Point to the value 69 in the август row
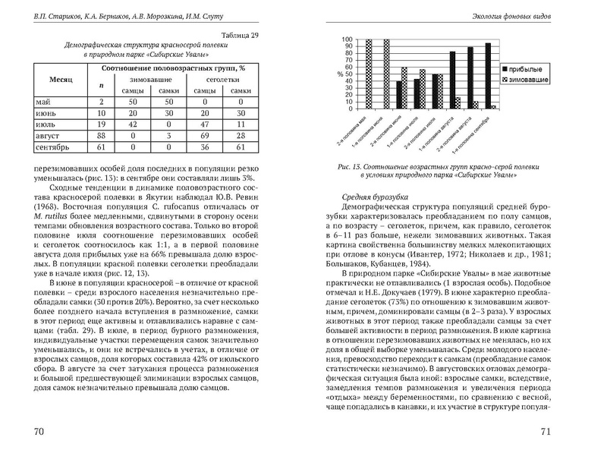[205, 137]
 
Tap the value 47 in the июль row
[205, 124]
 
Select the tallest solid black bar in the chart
[486, 77]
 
